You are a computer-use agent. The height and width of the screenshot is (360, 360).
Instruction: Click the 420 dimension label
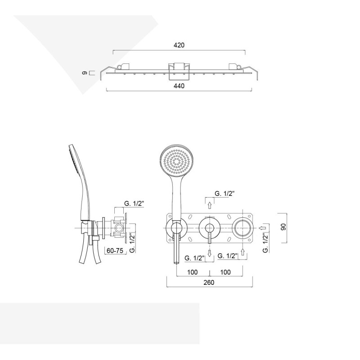click(179, 45)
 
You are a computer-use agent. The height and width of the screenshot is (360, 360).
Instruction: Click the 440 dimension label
click(179, 86)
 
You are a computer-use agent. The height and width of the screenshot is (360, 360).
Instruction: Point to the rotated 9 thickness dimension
click(85, 73)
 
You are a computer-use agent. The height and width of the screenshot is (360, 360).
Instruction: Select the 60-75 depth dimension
click(115, 251)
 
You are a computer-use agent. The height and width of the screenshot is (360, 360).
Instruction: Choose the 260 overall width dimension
click(209, 282)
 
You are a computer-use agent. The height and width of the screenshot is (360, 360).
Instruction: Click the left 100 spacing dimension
click(193, 272)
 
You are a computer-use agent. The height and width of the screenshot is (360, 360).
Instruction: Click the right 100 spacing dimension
click(225, 272)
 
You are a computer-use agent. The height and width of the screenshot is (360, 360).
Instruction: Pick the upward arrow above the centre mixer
click(209, 205)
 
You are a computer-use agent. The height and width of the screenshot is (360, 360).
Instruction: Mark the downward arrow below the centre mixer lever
click(209, 253)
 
